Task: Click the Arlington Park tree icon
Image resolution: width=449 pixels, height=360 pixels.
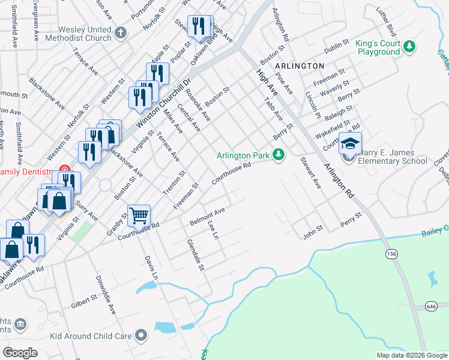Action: tap(278, 155)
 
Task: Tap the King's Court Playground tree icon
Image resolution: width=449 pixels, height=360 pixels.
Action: tap(410, 46)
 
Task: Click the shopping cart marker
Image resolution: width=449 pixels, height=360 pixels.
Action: tap(139, 215)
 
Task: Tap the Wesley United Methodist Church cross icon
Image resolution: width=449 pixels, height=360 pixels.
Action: tap(121, 33)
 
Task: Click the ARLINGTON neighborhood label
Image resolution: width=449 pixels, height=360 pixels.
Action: tap(300, 65)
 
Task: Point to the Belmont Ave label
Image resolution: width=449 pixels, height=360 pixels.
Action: tap(207, 217)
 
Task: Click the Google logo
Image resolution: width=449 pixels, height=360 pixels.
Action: tap(20, 353)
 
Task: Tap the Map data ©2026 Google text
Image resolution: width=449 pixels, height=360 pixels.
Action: tap(411, 355)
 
